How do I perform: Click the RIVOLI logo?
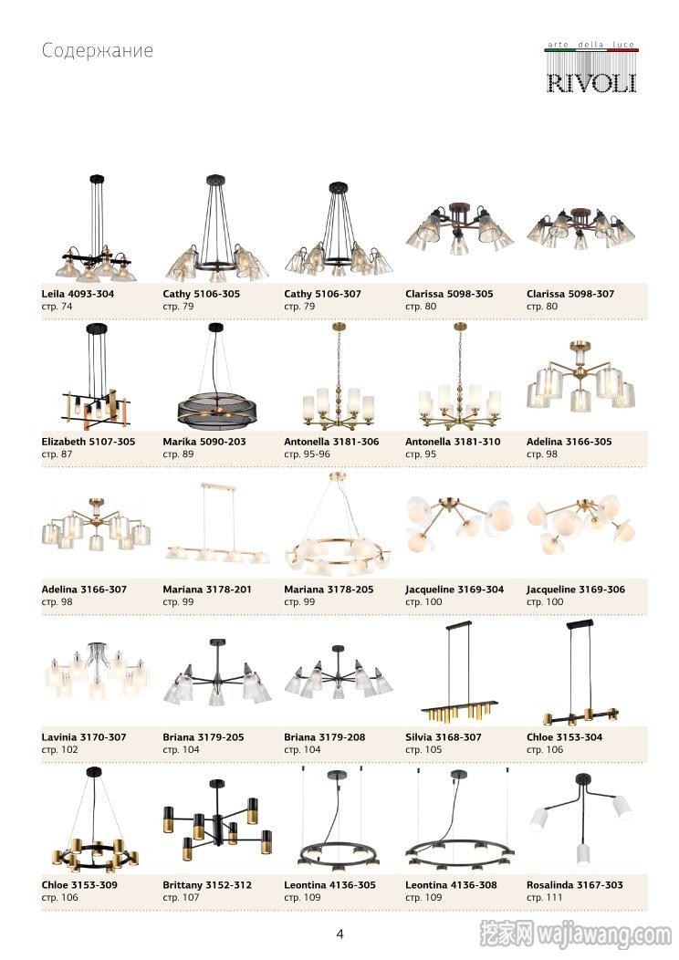tap(590, 68)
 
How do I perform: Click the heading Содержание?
tap(98, 50)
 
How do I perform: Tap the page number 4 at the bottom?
tap(339, 934)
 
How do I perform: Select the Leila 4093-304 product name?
tap(78, 294)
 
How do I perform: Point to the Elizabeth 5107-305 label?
tap(89, 442)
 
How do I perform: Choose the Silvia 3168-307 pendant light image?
tap(459, 673)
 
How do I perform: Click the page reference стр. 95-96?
tap(307, 454)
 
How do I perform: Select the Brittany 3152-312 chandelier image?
tap(216, 819)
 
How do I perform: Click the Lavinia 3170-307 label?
tap(84, 737)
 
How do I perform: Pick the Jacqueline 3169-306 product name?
tap(576, 590)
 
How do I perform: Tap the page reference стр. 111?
tap(544, 898)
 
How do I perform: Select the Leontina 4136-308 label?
tap(451, 884)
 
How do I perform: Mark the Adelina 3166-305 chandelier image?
tap(580, 376)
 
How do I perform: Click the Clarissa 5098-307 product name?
tap(570, 294)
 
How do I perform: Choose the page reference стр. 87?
tap(57, 454)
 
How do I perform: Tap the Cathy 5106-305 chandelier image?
tap(216, 228)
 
